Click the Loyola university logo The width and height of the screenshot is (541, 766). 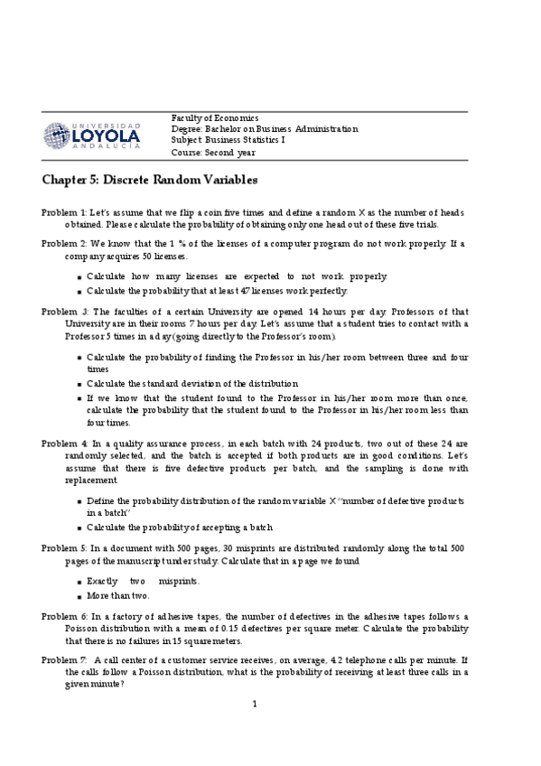pos(92,134)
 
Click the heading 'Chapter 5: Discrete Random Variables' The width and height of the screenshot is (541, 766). pos(149,180)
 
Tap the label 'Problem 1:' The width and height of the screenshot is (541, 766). pos(64,210)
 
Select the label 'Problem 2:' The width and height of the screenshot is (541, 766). pos(64,244)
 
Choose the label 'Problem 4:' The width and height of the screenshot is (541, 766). pos(64,444)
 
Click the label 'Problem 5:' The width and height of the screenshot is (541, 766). pos(64,548)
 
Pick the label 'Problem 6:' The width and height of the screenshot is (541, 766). pos(64,615)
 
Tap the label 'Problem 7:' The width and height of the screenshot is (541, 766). pos(64,660)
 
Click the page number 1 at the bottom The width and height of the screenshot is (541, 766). pos(255,705)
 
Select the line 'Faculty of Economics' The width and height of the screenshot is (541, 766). pos(215,118)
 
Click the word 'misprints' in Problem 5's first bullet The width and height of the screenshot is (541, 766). pos(179,581)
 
